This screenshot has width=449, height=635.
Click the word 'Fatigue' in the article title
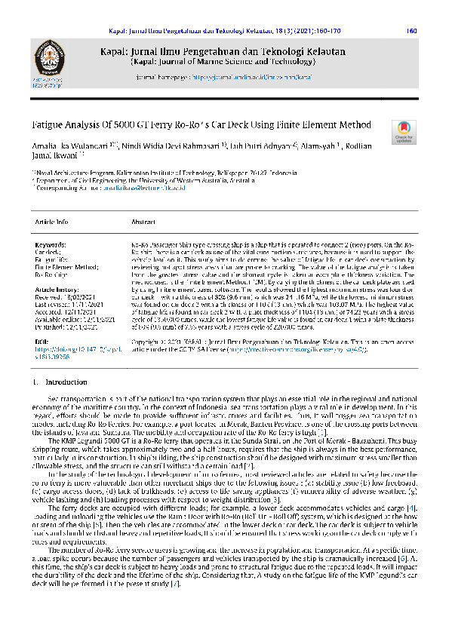(x=49, y=124)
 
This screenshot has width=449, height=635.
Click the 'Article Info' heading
(x=51, y=222)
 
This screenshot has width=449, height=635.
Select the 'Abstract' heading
(x=143, y=222)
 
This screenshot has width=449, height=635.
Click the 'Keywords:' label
(x=51, y=246)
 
